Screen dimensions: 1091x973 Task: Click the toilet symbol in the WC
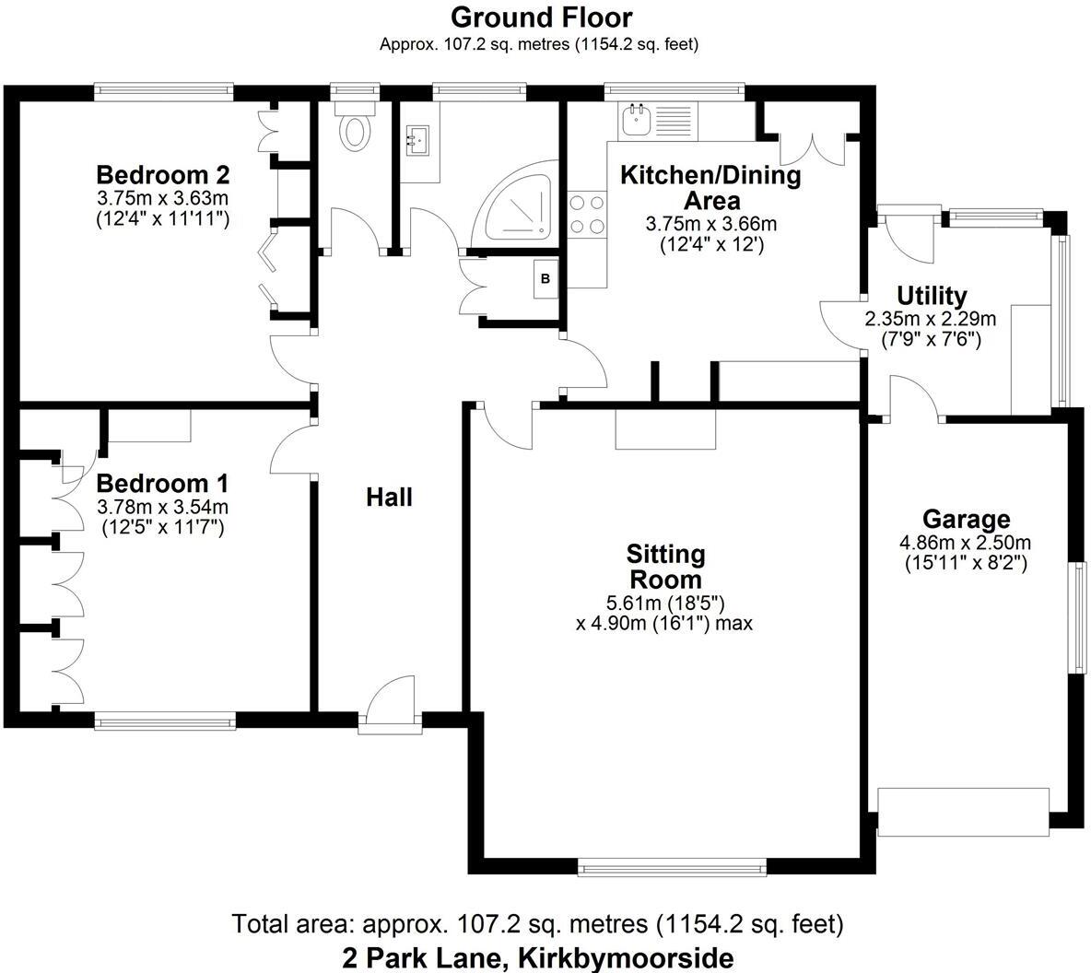355,125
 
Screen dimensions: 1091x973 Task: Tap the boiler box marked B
545,278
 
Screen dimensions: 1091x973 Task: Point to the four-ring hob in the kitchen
587,215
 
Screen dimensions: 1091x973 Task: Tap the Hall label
389,497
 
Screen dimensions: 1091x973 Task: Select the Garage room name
966,520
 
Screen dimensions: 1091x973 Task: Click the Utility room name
932,296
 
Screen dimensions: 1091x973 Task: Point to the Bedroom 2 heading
163,174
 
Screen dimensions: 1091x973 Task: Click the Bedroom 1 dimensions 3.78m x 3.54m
163,508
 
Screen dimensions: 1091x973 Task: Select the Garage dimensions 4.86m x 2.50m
966,542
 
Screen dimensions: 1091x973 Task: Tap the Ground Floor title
541,17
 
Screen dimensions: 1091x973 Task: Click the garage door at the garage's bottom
964,812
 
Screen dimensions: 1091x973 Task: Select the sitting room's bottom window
672,866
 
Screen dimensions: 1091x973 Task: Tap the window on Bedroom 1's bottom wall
165,721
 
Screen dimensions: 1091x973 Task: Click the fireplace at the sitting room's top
665,428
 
